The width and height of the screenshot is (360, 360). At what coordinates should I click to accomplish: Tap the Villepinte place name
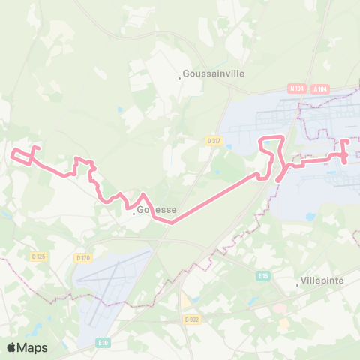click(x=324, y=280)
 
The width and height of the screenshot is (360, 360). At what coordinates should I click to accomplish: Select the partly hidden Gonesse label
click(x=157, y=210)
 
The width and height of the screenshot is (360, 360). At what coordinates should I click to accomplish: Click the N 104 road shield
click(x=296, y=88)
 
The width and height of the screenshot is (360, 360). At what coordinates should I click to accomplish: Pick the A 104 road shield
click(x=320, y=88)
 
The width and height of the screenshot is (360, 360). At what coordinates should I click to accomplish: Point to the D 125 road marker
click(x=38, y=256)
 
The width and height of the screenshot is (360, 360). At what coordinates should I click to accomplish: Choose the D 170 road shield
click(x=82, y=258)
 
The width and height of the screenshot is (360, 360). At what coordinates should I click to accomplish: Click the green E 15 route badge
click(x=262, y=276)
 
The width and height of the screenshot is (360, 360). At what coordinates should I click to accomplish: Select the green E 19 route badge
click(x=103, y=343)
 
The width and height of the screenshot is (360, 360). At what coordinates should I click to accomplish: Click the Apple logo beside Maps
click(x=12, y=347)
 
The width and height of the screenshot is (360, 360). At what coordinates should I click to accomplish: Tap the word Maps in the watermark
click(x=33, y=347)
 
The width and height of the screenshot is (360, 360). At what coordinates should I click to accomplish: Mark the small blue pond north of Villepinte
click(x=310, y=217)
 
